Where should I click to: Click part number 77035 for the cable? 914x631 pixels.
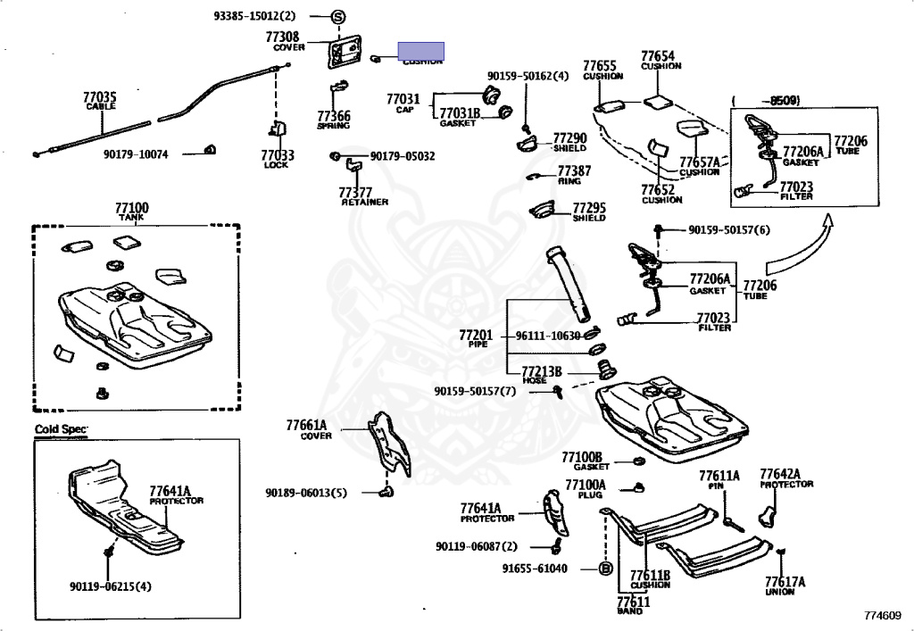[x=100, y=96]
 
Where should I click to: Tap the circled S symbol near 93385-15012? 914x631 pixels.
[x=338, y=16]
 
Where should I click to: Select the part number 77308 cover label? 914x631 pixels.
[x=282, y=37]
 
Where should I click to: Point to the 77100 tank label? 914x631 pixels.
[x=131, y=208]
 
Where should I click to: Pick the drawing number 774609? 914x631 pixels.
[x=882, y=615]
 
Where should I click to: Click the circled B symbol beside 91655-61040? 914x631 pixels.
[x=604, y=568]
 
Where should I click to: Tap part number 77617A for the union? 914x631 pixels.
[x=785, y=581]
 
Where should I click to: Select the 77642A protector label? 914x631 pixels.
[x=780, y=473]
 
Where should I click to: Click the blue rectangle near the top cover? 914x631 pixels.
[x=421, y=51]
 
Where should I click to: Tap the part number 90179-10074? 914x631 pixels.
[x=140, y=154]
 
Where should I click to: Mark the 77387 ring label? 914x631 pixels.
[x=574, y=170]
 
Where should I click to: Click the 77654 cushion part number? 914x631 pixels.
[x=658, y=55]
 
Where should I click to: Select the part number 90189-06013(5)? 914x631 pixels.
[x=305, y=493]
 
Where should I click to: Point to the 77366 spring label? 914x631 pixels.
[x=334, y=116]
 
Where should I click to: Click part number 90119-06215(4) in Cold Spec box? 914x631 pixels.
[x=111, y=586]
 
